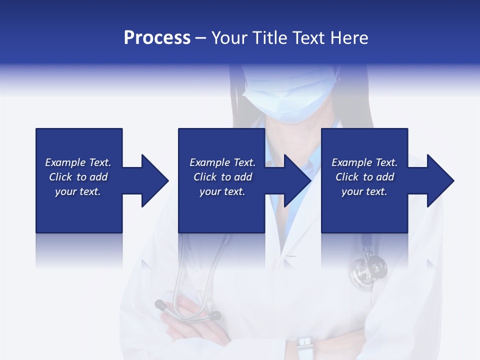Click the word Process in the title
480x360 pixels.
(x=157, y=38)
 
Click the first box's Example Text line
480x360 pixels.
(x=78, y=162)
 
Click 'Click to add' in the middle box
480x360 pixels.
(x=222, y=177)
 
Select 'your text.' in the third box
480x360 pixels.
(x=364, y=191)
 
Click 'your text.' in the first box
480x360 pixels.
(x=78, y=191)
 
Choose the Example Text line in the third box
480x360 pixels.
(x=364, y=162)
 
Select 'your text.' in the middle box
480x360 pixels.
(x=222, y=191)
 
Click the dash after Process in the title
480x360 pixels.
(x=201, y=38)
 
